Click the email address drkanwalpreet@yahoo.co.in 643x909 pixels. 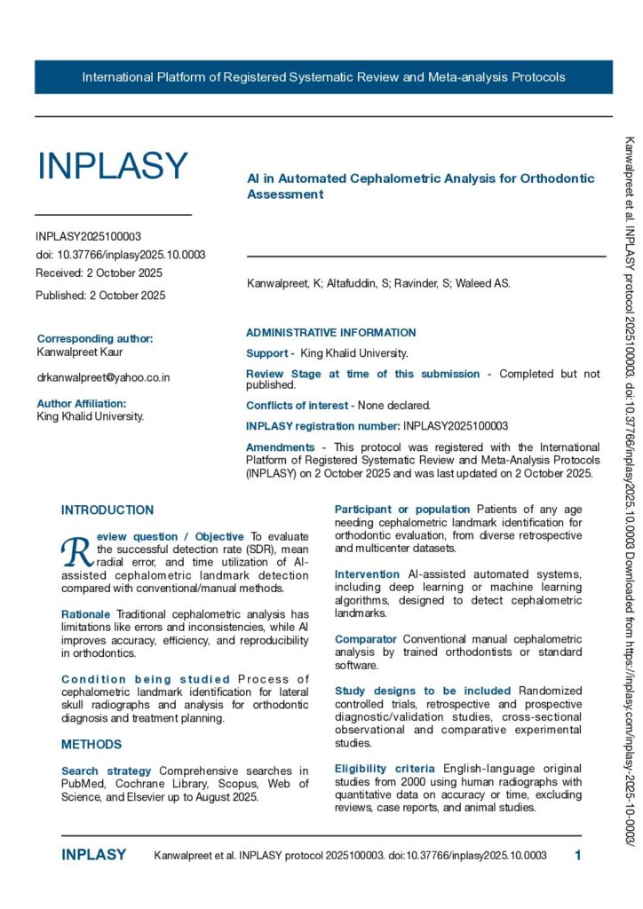pos(103,377)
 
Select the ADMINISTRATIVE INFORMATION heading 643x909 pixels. pos(330,333)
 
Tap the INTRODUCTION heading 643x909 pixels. pos(107,510)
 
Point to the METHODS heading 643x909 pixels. pos(91,744)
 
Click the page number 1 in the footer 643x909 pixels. pos(578,856)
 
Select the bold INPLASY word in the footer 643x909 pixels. pos(93,856)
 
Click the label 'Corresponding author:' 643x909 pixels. pos(95,338)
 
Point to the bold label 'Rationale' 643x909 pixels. pos(86,614)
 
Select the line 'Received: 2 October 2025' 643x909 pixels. pos(99,273)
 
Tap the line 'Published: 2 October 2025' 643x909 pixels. pos(100,296)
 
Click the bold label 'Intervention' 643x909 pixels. pos(368,550)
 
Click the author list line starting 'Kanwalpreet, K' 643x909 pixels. pos(378,284)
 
